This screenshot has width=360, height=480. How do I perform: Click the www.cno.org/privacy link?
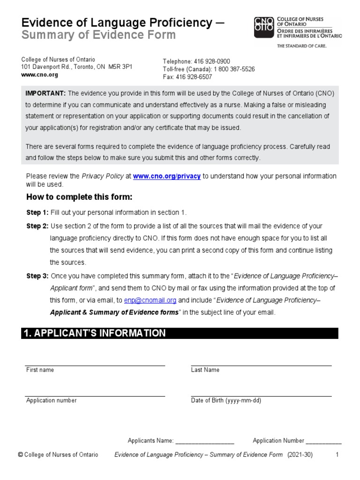pyautogui.click(x=167, y=176)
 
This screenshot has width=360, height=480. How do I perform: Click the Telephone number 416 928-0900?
pyautogui.click(x=212, y=61)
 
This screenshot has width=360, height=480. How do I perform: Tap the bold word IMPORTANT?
pyautogui.click(x=45, y=93)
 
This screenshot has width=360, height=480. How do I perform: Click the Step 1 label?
pyautogui.click(x=37, y=212)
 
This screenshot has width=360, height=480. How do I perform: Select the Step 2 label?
pyautogui.click(x=37, y=226)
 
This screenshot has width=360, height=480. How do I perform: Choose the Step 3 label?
pyautogui.click(x=37, y=276)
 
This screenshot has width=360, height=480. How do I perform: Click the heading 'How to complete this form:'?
pyautogui.click(x=79, y=196)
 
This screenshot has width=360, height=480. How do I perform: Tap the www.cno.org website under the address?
pyautogui.click(x=39, y=75)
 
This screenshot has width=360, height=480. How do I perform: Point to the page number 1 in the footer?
pyautogui.click(x=337, y=455)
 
